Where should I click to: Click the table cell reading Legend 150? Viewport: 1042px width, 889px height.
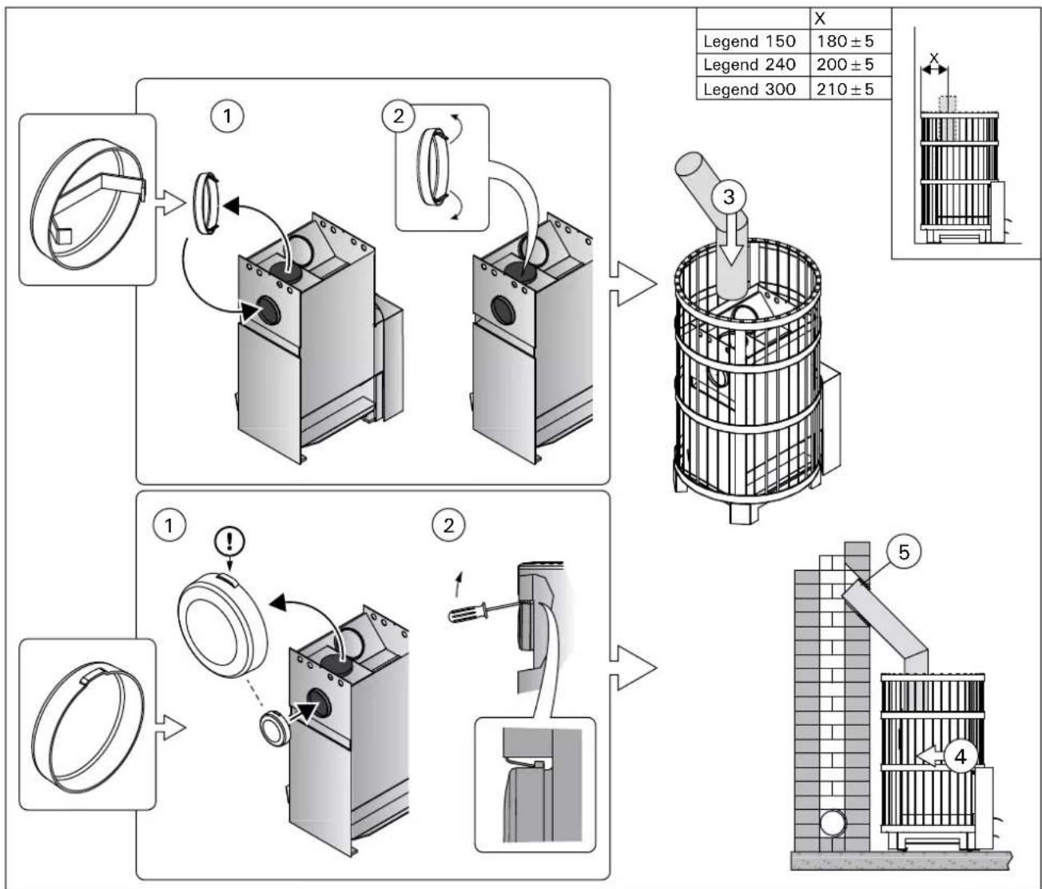coord(749,42)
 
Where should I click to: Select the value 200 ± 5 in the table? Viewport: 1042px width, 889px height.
coord(845,65)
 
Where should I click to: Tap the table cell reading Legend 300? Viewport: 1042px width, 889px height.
coord(749,89)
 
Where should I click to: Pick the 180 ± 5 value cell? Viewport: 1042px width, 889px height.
coord(845,42)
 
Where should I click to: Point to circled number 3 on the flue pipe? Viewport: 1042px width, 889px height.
coord(728,197)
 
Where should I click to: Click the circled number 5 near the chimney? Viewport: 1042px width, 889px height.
coord(903,552)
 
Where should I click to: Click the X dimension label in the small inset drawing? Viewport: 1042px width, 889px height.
coord(933,58)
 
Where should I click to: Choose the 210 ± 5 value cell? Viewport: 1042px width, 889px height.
coord(845,89)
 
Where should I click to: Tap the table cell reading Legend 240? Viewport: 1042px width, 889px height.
coord(749,65)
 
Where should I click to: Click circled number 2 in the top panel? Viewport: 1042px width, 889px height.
coord(398,117)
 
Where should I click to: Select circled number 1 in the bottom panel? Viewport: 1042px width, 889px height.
coord(169,525)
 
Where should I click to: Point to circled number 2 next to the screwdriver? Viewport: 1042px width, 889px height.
coord(447,525)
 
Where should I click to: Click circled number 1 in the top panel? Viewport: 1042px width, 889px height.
coord(228,117)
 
